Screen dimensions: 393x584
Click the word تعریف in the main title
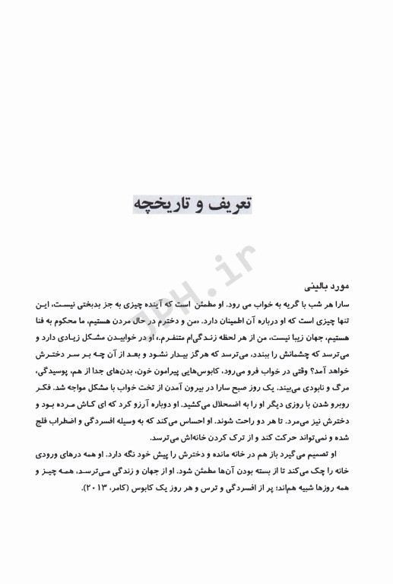click(x=230, y=205)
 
